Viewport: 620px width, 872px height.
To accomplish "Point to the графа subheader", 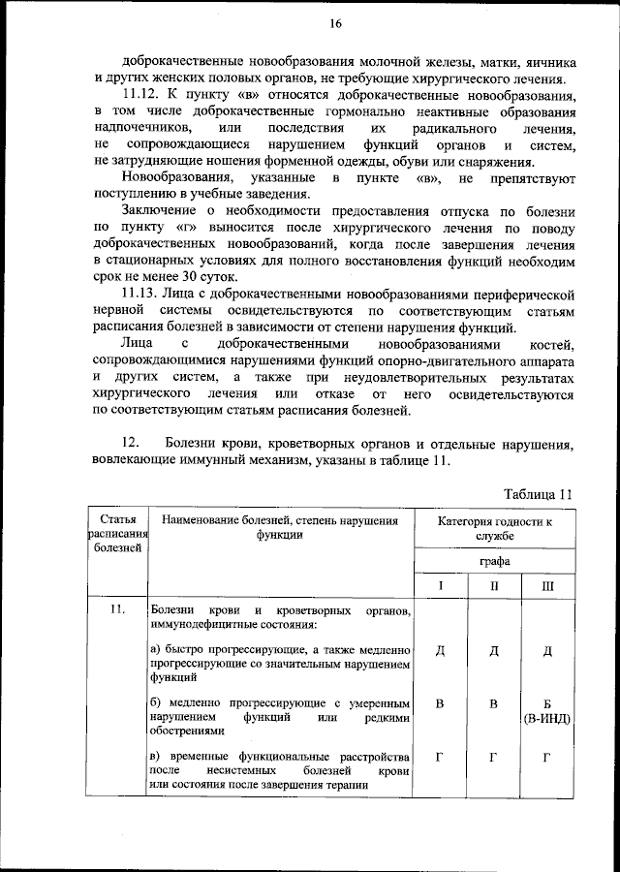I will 494,561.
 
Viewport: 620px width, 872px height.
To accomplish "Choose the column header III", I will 547,586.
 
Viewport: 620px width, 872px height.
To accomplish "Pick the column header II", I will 494,586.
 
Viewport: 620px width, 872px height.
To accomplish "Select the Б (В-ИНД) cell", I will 547,711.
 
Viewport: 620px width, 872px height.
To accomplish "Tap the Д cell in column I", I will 440,650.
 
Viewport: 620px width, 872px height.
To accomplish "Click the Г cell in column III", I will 547,757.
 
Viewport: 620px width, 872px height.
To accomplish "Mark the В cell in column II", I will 494,703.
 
